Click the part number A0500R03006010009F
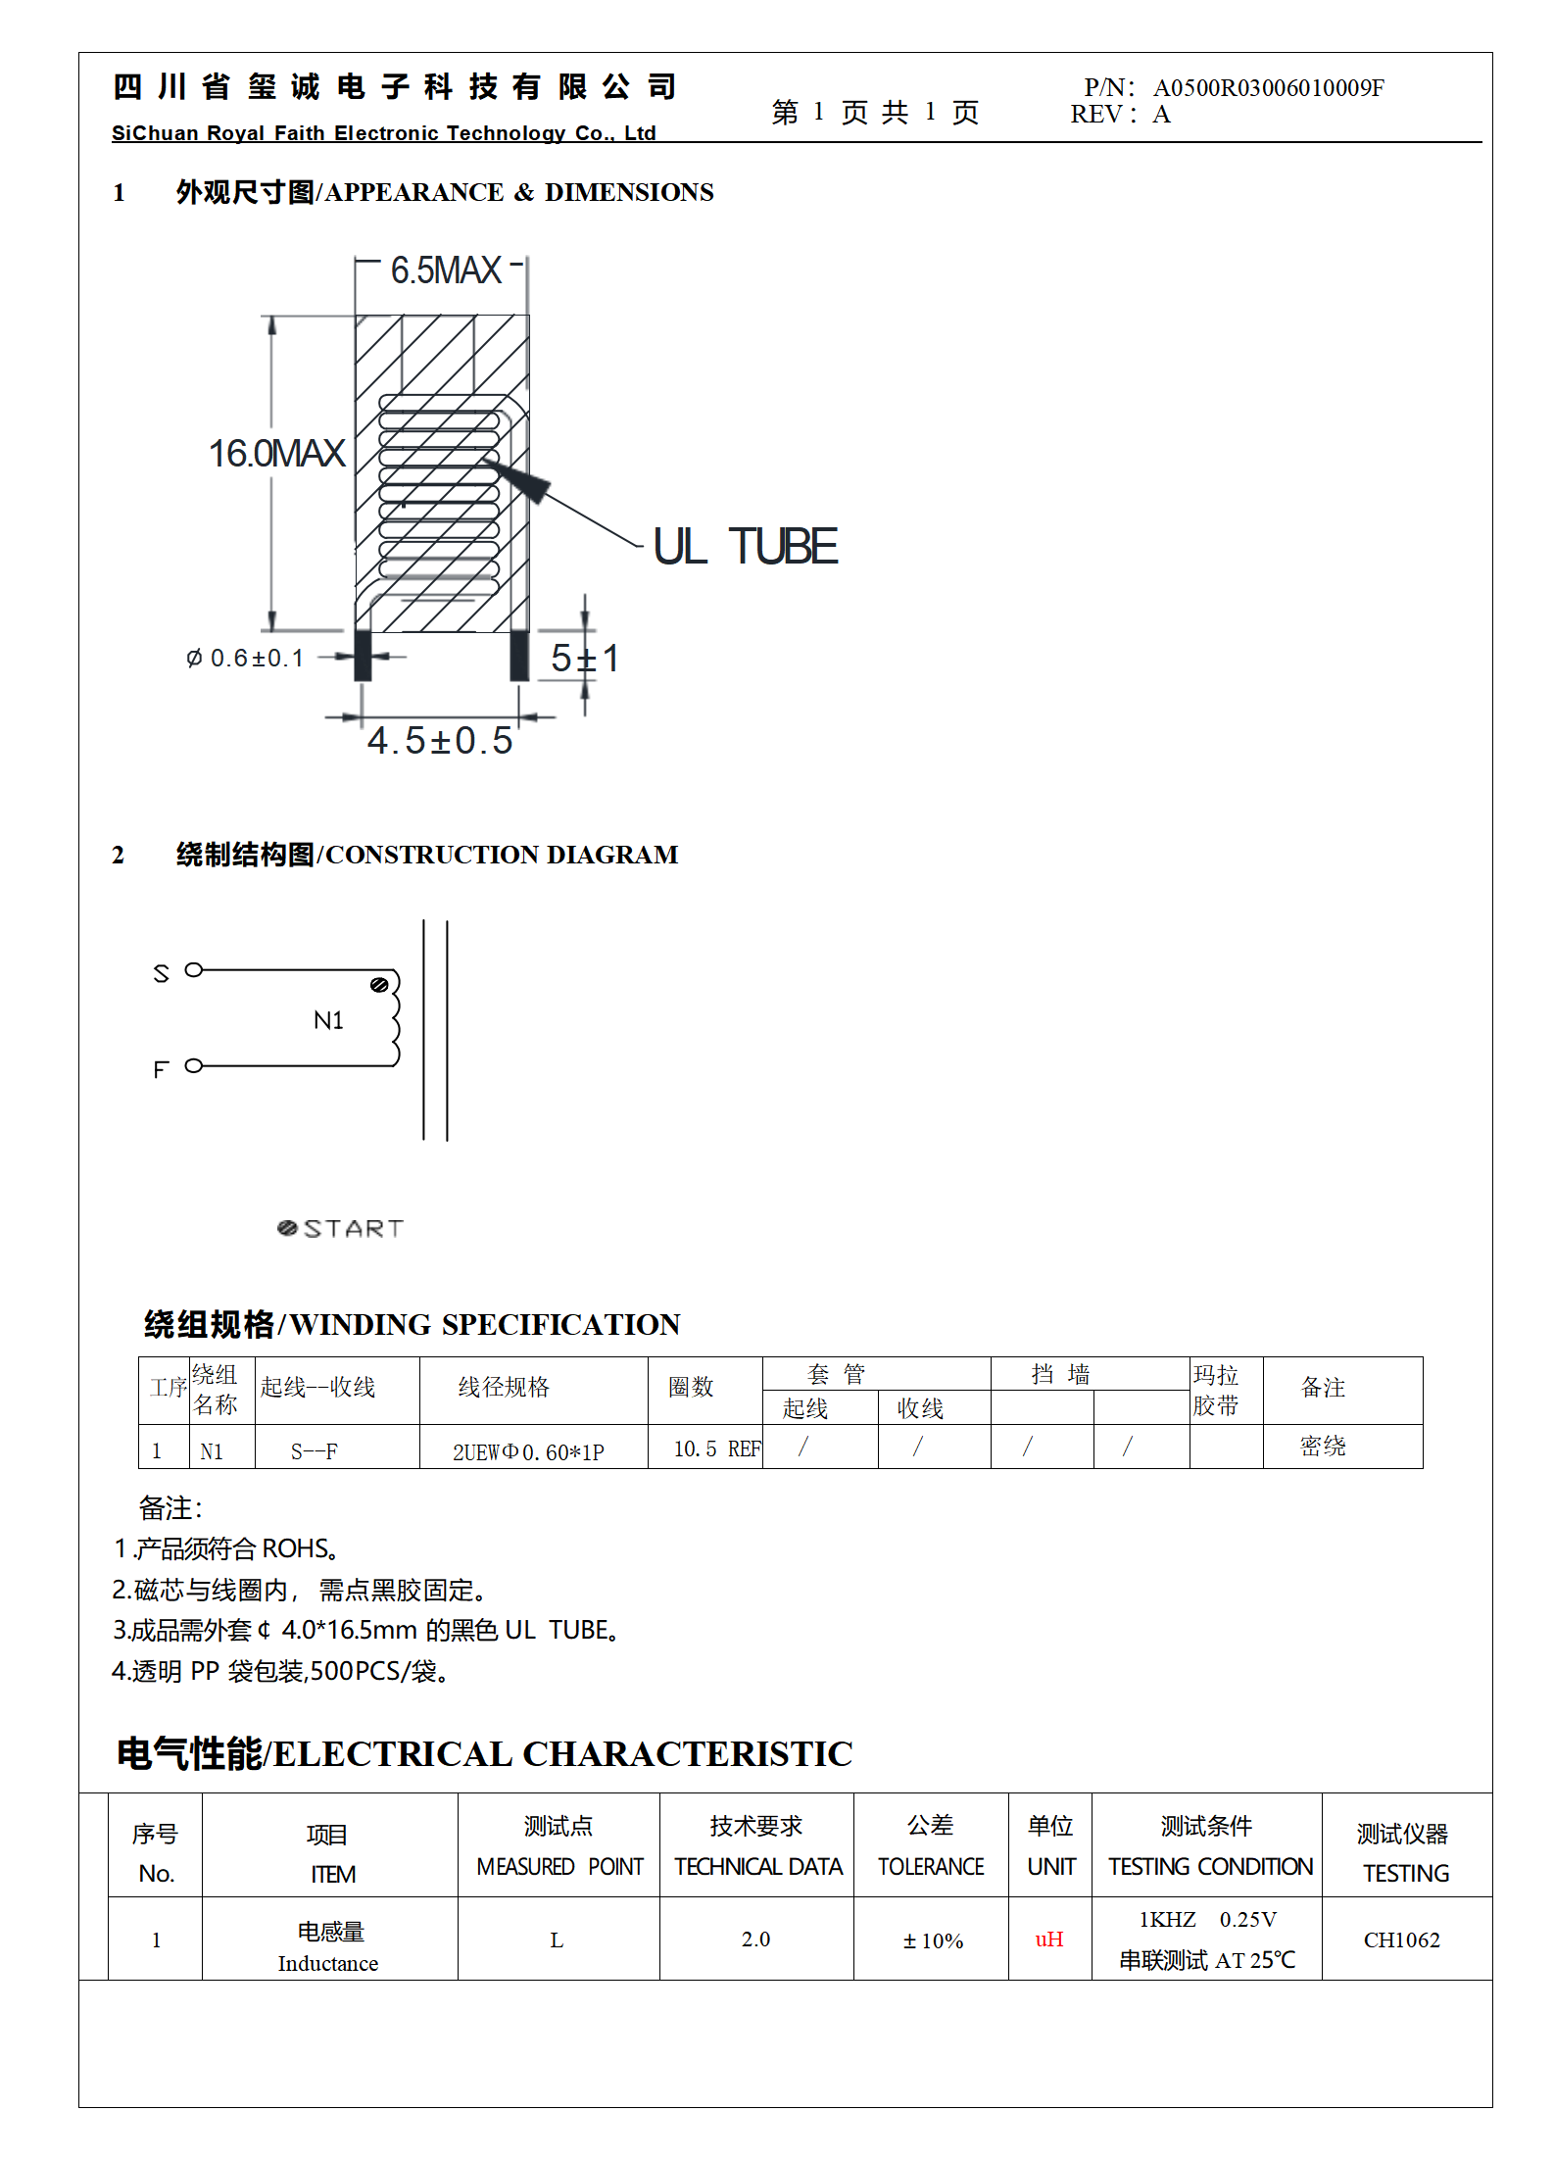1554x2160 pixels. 1268,88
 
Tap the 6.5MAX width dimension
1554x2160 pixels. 446,270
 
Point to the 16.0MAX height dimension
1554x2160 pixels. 276,454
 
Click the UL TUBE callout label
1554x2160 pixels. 745,547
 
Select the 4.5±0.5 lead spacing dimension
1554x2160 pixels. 440,741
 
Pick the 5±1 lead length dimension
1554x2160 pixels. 584,659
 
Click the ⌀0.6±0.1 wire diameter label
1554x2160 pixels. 245,658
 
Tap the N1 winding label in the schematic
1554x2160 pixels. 328,1021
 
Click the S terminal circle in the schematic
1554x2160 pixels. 194,970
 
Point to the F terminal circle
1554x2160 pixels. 194,1065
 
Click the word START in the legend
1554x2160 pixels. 353,1229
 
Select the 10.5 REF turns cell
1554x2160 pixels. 716,1449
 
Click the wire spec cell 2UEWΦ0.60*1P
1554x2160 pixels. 528,1452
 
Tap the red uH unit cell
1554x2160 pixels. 1049,1939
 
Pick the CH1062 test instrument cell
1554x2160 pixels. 1401,1940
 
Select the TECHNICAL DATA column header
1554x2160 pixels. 757,1867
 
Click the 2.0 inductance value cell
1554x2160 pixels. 755,1939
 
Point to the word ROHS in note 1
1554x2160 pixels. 295,1548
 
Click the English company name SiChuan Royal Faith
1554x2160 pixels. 383,133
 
